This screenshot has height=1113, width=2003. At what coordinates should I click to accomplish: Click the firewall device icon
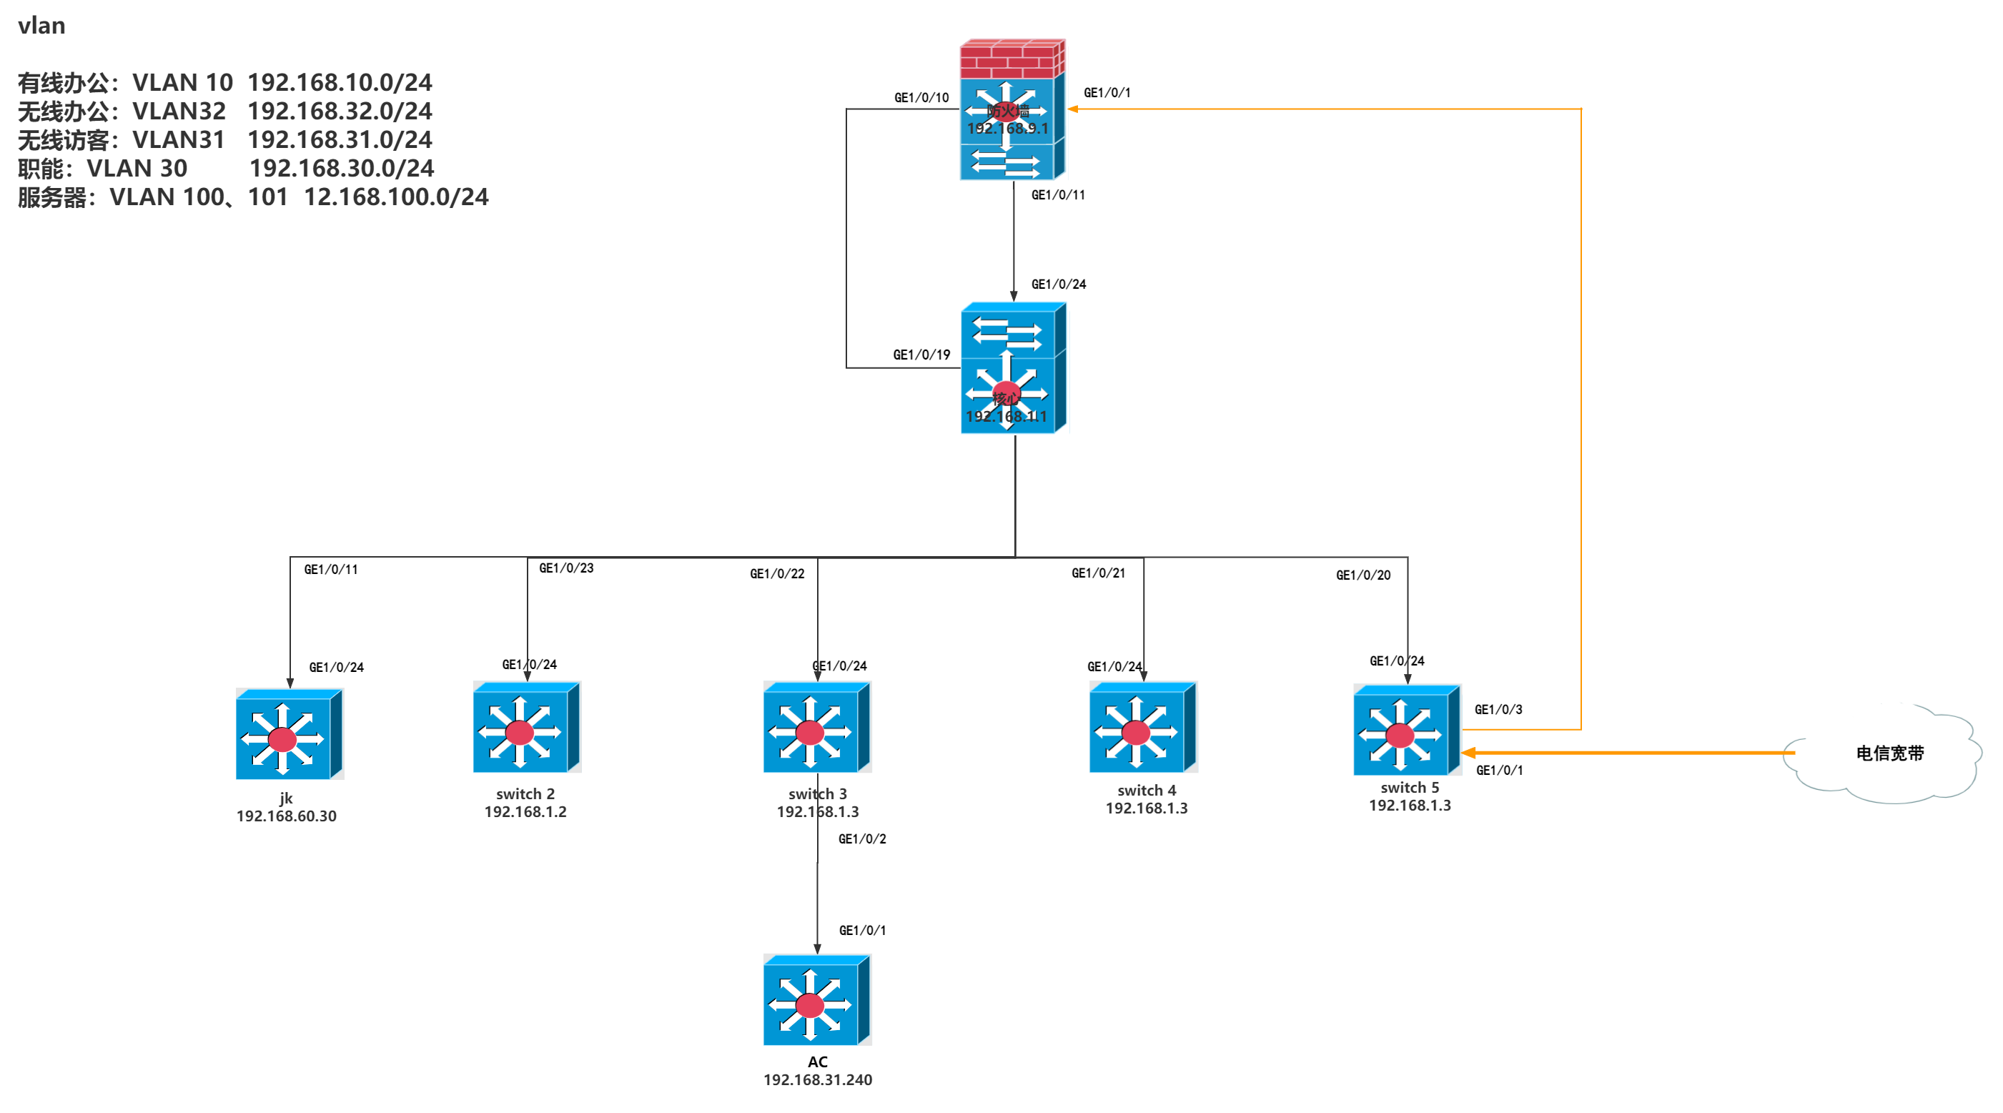click(1011, 109)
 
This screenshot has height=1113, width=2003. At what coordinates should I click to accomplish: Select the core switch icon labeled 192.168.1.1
click(1012, 368)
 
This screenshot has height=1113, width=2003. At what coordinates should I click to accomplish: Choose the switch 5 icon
click(1406, 731)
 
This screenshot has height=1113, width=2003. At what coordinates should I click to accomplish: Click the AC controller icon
click(816, 1000)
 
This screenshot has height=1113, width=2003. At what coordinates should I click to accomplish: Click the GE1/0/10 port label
click(921, 98)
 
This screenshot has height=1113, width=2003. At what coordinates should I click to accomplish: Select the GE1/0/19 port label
click(921, 355)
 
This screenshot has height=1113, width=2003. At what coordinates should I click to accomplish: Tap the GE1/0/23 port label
click(566, 568)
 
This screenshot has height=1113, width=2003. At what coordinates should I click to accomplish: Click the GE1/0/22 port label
click(777, 574)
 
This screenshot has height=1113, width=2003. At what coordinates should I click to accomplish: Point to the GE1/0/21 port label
click(1098, 573)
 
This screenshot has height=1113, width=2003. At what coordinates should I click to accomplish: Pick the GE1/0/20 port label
click(1363, 575)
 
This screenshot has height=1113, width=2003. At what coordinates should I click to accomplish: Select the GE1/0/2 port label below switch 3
click(861, 839)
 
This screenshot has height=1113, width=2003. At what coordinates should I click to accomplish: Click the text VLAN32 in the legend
click(179, 112)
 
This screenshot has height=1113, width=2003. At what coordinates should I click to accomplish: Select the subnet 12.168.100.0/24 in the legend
click(396, 197)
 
